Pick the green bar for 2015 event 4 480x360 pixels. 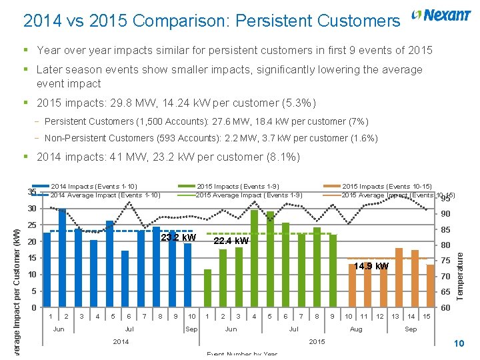254,259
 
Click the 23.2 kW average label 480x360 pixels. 179,238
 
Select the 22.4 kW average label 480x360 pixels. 231,241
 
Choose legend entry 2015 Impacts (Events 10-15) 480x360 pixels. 387,187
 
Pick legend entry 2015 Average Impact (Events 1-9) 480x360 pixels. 249,195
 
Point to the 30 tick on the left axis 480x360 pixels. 31,209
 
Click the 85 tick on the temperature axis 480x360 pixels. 446,230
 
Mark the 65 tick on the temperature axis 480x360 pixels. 446,293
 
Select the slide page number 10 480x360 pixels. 458,343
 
